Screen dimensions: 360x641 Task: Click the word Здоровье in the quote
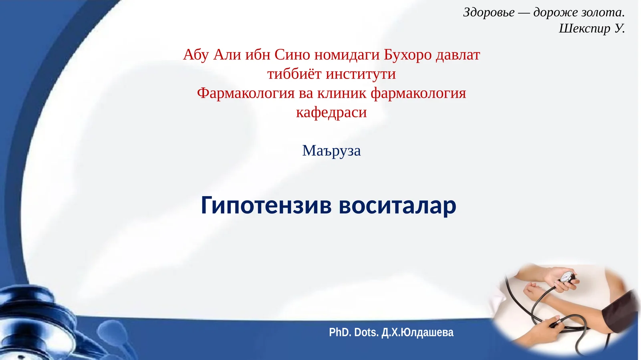click(x=489, y=12)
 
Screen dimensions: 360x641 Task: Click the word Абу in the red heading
click(x=196, y=55)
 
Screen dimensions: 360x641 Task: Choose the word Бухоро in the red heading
click(x=407, y=55)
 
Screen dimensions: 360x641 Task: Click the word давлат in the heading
click(x=458, y=55)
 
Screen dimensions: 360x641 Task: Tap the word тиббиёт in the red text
click(x=294, y=74)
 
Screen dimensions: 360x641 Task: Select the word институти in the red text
click(x=361, y=74)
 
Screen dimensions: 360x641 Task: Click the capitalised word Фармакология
click(x=246, y=93)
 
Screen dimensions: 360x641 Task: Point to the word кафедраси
click(x=331, y=113)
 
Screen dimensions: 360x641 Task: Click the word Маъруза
click(x=331, y=151)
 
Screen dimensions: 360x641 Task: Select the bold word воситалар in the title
click(x=397, y=205)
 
